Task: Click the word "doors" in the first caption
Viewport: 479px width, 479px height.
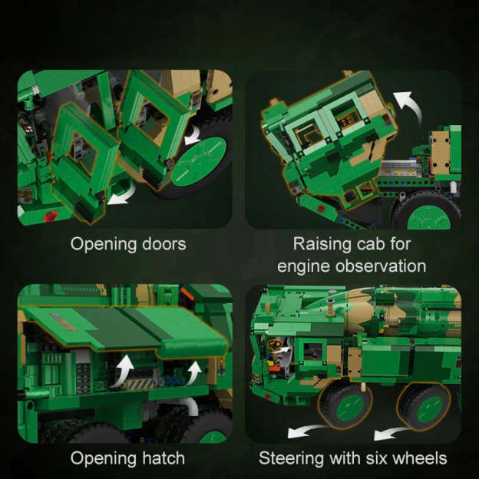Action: [157, 244]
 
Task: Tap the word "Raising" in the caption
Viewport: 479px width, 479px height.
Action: [322, 244]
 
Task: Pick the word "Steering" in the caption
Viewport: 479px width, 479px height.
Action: [289, 458]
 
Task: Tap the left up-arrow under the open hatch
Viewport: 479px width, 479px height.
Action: [122, 372]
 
